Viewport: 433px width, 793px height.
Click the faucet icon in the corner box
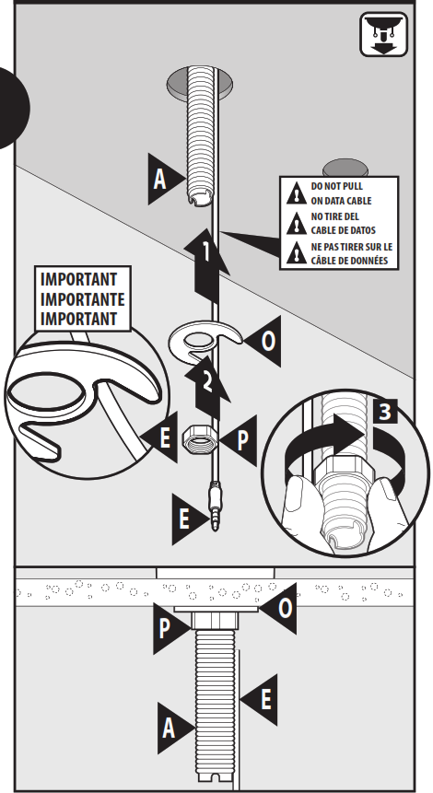[384, 34]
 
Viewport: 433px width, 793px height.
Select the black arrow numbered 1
[207, 264]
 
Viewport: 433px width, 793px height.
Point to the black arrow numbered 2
[208, 387]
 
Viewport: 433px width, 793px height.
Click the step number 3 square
[385, 411]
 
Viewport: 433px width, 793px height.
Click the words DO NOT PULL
[337, 186]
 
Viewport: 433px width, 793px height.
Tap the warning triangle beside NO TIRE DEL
[297, 224]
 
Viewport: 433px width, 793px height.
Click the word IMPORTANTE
[82, 299]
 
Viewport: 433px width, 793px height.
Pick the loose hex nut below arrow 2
[198, 437]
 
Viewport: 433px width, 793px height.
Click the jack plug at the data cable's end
[216, 507]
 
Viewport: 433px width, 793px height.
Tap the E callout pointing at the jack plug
[188, 519]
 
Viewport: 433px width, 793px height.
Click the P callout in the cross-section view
[169, 629]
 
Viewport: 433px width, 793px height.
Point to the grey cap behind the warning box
[345, 168]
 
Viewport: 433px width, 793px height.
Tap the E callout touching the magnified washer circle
[161, 437]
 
